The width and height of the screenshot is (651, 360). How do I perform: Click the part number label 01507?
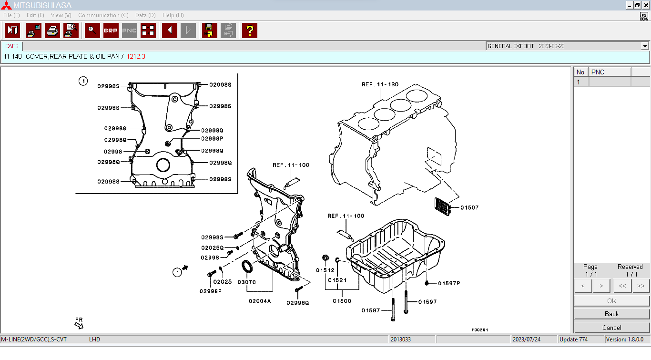[469, 207]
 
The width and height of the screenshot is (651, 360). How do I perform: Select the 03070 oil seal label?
[247, 282]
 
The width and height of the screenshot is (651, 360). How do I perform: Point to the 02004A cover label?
[260, 301]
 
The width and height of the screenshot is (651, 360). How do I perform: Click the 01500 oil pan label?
[342, 301]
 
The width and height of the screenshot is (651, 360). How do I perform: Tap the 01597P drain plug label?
[449, 283]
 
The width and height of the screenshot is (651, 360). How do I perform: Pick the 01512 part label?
[325, 270]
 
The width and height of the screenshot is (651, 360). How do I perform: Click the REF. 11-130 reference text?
[380, 84]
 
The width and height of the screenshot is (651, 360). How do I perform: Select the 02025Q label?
[212, 248]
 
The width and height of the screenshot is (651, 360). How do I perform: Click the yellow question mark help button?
[249, 31]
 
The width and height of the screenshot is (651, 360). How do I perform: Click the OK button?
[611, 301]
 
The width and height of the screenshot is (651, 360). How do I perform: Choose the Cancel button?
[611, 328]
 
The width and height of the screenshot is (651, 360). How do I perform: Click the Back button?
[611, 314]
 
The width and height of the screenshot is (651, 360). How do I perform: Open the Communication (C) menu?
[103, 15]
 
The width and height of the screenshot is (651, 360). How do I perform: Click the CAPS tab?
[12, 46]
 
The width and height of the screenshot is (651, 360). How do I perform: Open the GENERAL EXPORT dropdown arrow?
[645, 46]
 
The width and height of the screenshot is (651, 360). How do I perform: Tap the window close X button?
[646, 5]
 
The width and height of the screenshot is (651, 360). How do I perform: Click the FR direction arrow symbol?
[79, 325]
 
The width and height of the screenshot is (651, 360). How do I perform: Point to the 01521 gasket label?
[337, 280]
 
